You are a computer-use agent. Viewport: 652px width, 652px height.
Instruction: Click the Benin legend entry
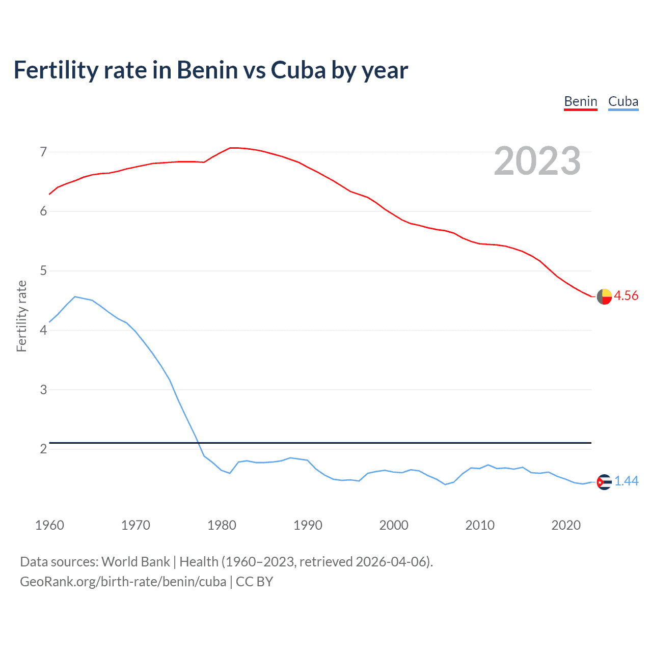(x=580, y=101)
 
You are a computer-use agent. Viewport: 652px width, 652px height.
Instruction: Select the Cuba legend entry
(x=623, y=101)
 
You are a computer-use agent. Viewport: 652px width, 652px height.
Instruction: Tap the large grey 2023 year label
(x=537, y=161)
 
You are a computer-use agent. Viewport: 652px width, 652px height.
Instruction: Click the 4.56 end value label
(x=626, y=295)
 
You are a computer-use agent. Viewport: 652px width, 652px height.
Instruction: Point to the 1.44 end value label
(x=626, y=481)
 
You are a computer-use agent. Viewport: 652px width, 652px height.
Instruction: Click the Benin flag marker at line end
(x=604, y=296)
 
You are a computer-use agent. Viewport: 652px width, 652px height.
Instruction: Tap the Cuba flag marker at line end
(x=604, y=482)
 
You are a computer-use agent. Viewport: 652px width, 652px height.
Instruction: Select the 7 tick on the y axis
(x=43, y=152)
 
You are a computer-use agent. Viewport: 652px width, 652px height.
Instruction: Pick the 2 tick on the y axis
(x=43, y=449)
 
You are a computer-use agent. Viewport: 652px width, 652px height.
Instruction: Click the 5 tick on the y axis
(x=43, y=270)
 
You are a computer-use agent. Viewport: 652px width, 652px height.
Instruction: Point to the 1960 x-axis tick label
(x=49, y=525)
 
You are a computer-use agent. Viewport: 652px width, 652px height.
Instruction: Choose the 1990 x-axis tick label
(x=308, y=525)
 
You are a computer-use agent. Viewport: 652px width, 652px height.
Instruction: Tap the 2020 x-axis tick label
(x=566, y=525)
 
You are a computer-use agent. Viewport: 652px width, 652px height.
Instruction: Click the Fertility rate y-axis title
(x=21, y=316)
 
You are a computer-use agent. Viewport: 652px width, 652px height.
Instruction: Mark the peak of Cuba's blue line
(x=75, y=296)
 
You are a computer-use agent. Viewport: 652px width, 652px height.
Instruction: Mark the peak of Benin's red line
(x=232, y=148)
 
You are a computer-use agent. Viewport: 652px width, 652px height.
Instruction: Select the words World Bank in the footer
(x=135, y=562)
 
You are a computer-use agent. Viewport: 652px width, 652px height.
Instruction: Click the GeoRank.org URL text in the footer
(x=123, y=582)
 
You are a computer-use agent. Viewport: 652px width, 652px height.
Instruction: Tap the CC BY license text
(x=254, y=582)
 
